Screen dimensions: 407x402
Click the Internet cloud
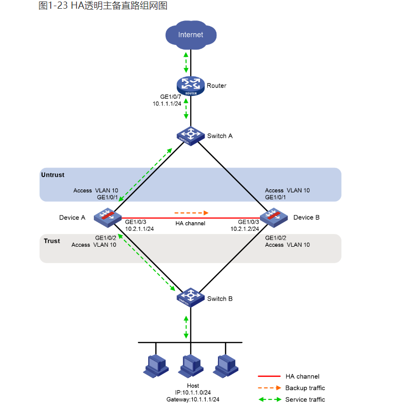(190, 34)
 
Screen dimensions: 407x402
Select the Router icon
(190, 85)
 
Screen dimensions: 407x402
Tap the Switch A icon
(190, 136)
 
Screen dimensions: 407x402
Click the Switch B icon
(190, 298)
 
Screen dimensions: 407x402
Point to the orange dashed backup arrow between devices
(192, 212)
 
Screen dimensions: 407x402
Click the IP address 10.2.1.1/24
(139, 229)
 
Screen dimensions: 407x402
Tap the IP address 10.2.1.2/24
(245, 229)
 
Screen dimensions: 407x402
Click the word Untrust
(53, 175)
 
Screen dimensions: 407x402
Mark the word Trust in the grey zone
(52, 241)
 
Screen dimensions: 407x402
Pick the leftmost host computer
(155, 365)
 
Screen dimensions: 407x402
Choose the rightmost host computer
(225, 365)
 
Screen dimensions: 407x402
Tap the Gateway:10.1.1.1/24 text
(193, 399)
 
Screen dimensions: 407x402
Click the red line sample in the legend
(269, 376)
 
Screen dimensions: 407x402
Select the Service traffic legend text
(305, 399)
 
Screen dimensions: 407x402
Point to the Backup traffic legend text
(305, 388)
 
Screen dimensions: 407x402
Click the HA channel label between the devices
(190, 224)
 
